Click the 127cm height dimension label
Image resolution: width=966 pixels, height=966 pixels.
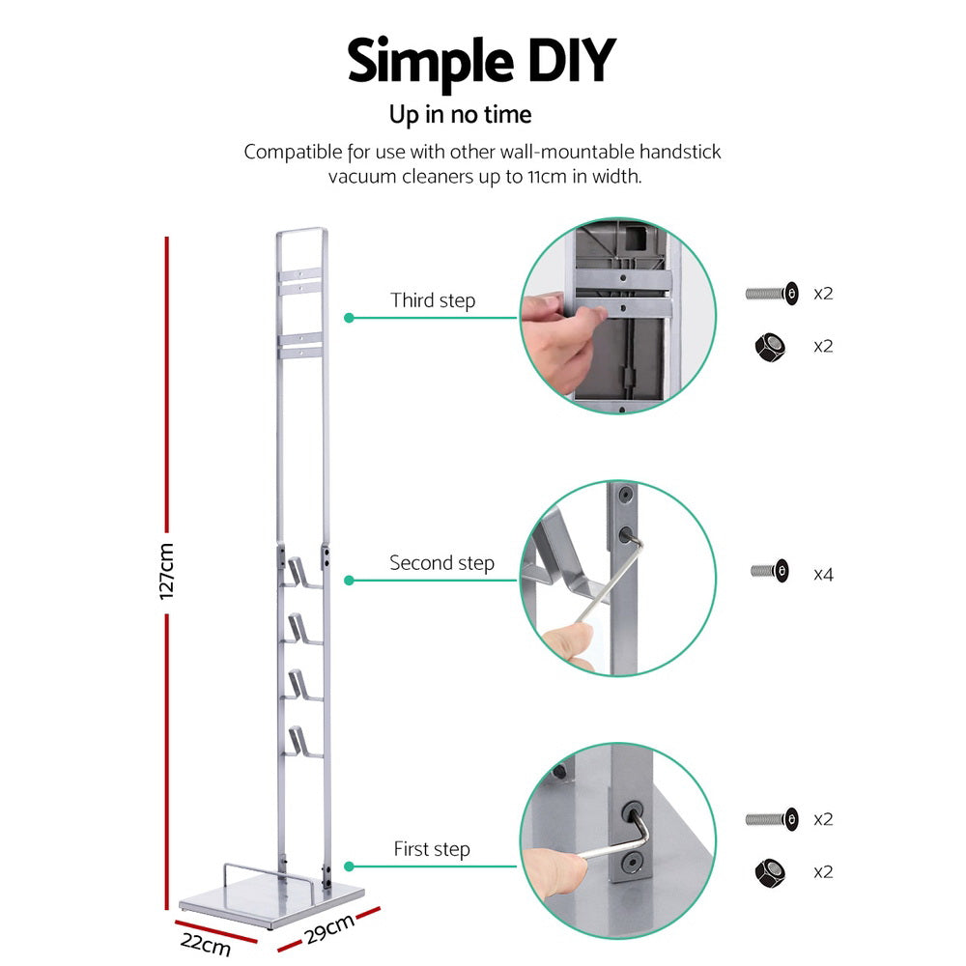coord(167,571)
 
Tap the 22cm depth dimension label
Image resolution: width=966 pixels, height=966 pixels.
coord(205,943)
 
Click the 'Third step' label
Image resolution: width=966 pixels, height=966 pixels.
coord(433,300)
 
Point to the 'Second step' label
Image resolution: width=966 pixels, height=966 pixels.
coord(441,563)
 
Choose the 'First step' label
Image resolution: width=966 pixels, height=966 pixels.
coord(431,850)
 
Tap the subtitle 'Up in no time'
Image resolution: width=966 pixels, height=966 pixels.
coord(460,115)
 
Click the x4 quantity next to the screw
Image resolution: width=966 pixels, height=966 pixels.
coord(823,574)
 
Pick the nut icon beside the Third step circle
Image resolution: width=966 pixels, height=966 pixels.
coord(769,346)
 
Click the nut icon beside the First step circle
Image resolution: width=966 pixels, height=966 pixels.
coord(769,872)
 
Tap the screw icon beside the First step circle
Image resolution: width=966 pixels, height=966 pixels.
coord(772,819)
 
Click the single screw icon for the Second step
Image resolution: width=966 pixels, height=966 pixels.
coord(774,572)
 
